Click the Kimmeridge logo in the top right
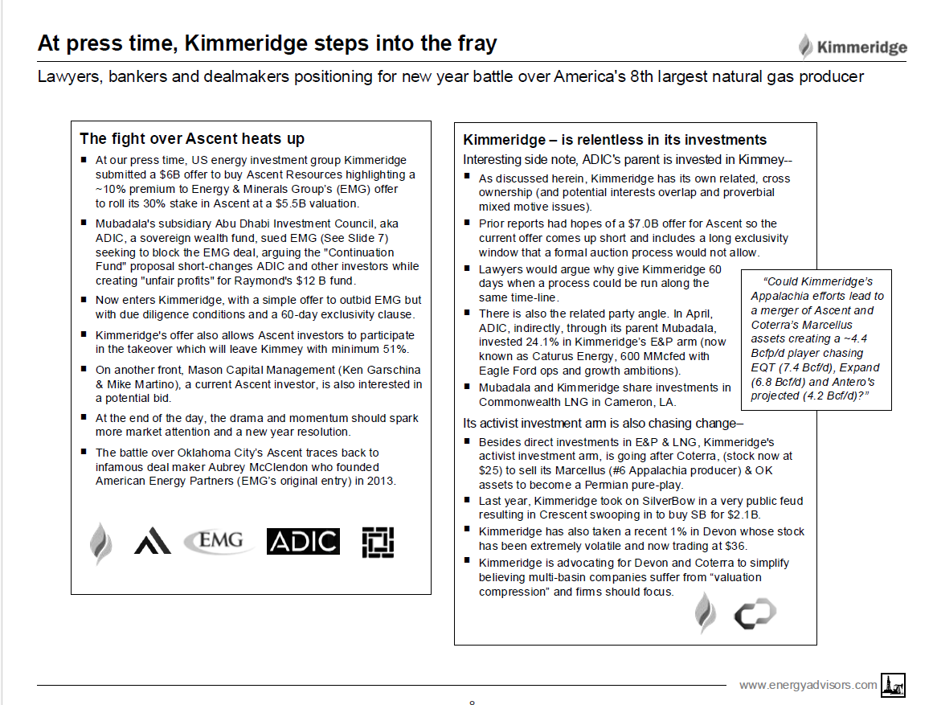click(853, 47)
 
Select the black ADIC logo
click(303, 541)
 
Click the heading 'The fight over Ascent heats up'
click(192, 138)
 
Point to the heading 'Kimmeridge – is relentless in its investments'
click(615, 140)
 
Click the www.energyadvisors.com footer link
click(808, 685)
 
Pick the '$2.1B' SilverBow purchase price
click(740, 514)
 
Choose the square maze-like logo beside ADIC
click(377, 543)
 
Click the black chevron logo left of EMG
click(153, 541)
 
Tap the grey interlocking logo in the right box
click(755, 615)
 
